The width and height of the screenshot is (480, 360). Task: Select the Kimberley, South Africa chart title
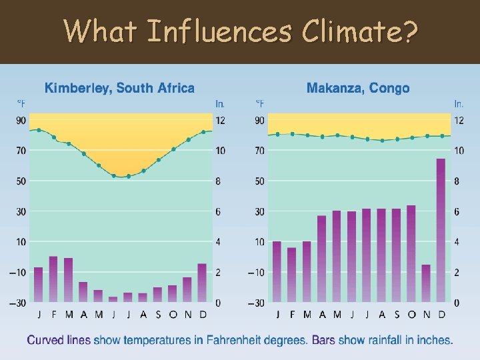tap(119, 88)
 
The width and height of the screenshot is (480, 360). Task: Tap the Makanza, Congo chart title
tap(358, 88)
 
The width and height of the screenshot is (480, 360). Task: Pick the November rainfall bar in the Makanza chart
tap(426, 283)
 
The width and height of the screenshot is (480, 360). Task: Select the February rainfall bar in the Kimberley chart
tap(53, 279)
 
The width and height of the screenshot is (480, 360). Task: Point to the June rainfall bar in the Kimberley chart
tap(113, 299)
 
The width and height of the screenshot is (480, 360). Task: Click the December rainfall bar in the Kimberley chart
tap(203, 283)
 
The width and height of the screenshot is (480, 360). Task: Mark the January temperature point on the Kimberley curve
tap(39, 130)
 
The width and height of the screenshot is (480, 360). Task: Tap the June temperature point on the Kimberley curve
tap(113, 176)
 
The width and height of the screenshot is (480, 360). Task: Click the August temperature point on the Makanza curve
tap(382, 141)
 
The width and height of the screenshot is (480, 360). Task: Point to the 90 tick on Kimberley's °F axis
tap(21, 120)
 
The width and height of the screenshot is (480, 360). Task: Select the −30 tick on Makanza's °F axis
tap(258, 303)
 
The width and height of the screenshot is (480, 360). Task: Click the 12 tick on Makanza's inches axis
tap(459, 120)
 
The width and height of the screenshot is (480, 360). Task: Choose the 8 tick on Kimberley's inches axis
tap(220, 181)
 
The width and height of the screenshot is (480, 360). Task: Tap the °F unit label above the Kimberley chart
tap(21, 103)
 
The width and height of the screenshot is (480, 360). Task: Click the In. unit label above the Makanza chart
tap(459, 103)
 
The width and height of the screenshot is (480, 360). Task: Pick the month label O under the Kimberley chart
tap(173, 315)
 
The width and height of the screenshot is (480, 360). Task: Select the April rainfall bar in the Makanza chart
tap(322, 259)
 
